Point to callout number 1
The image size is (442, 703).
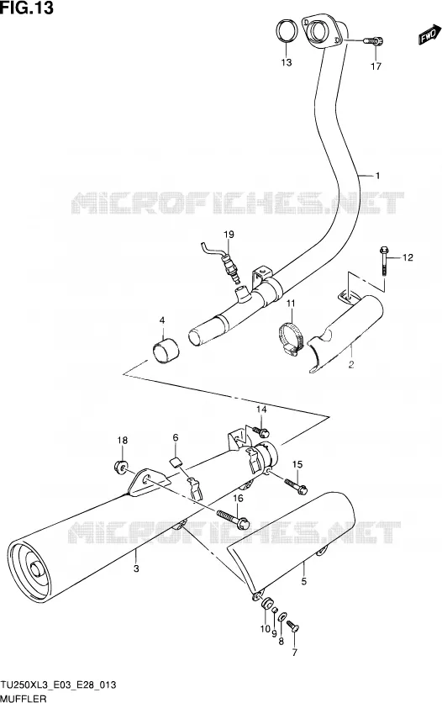[377, 176]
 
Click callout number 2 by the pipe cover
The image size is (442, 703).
[351, 364]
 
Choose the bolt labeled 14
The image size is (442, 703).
[260, 431]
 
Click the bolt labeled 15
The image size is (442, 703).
[296, 486]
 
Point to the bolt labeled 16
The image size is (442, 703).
[234, 518]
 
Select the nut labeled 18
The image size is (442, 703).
[120, 468]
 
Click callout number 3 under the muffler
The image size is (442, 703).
[136, 568]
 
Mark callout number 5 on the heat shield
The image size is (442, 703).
[303, 582]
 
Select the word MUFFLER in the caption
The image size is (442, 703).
[24, 698]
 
